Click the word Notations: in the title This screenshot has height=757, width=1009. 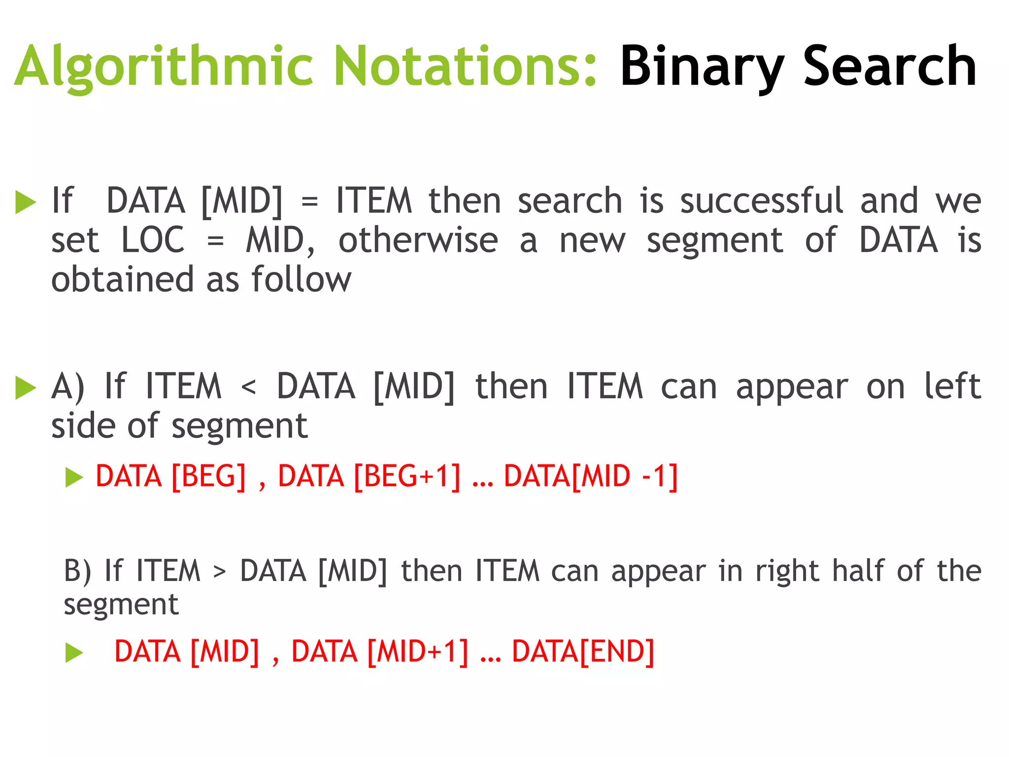point(466,67)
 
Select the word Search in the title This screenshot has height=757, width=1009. point(890,67)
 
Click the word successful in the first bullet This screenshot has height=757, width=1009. point(762,201)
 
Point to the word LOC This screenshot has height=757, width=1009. point(153,240)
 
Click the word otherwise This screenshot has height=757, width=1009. point(418,240)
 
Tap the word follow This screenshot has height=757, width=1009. point(302,279)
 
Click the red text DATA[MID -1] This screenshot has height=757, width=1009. point(590,477)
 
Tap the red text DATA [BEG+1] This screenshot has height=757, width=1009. point(369,477)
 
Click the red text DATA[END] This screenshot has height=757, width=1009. point(583,652)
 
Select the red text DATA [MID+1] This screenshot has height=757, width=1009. point(379,652)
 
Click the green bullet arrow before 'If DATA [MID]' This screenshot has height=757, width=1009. point(26,202)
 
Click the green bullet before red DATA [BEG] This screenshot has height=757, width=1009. point(74,477)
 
